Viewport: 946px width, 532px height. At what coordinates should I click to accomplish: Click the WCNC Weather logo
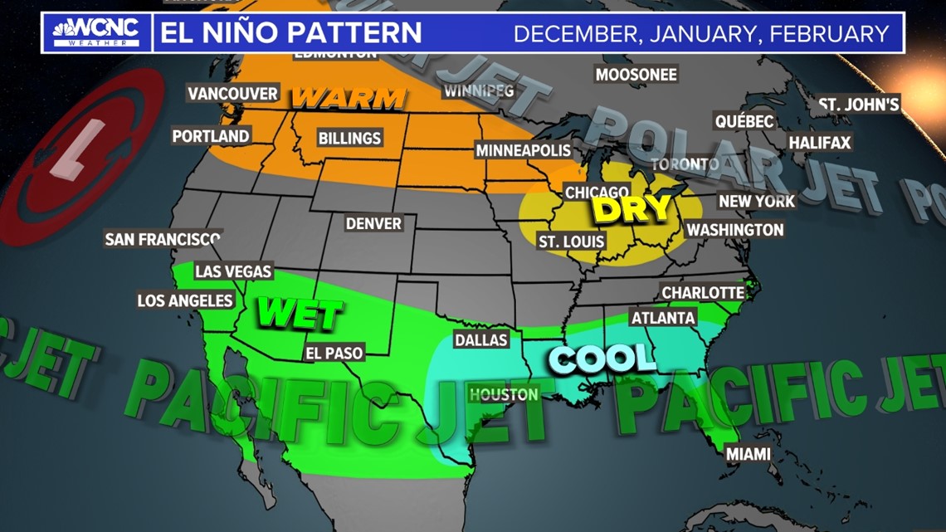[96, 33]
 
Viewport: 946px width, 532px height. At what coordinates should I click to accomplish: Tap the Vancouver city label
[232, 94]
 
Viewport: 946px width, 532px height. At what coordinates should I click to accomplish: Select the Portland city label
[211, 135]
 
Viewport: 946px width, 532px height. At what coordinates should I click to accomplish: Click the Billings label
[349, 138]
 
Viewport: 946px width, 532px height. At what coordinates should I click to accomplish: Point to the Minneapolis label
[523, 150]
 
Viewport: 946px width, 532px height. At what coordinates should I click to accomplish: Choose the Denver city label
[373, 223]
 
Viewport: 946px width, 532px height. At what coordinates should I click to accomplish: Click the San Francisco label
[163, 239]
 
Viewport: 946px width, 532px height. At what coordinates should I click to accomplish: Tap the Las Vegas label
[233, 271]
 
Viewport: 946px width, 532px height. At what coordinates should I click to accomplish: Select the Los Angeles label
[186, 300]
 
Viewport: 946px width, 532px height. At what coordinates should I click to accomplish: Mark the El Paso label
[334, 353]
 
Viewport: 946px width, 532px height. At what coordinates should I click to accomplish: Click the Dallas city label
[480, 339]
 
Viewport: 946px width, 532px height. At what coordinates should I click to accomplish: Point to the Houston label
[503, 394]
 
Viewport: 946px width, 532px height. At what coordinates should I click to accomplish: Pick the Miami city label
[748, 454]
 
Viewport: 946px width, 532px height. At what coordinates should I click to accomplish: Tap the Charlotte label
[702, 292]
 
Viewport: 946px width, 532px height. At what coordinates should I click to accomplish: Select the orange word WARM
[349, 99]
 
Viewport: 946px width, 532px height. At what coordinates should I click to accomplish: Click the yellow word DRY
[632, 209]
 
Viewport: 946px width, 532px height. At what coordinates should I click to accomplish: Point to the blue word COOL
[602, 359]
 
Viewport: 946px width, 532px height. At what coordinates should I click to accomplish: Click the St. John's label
[859, 105]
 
